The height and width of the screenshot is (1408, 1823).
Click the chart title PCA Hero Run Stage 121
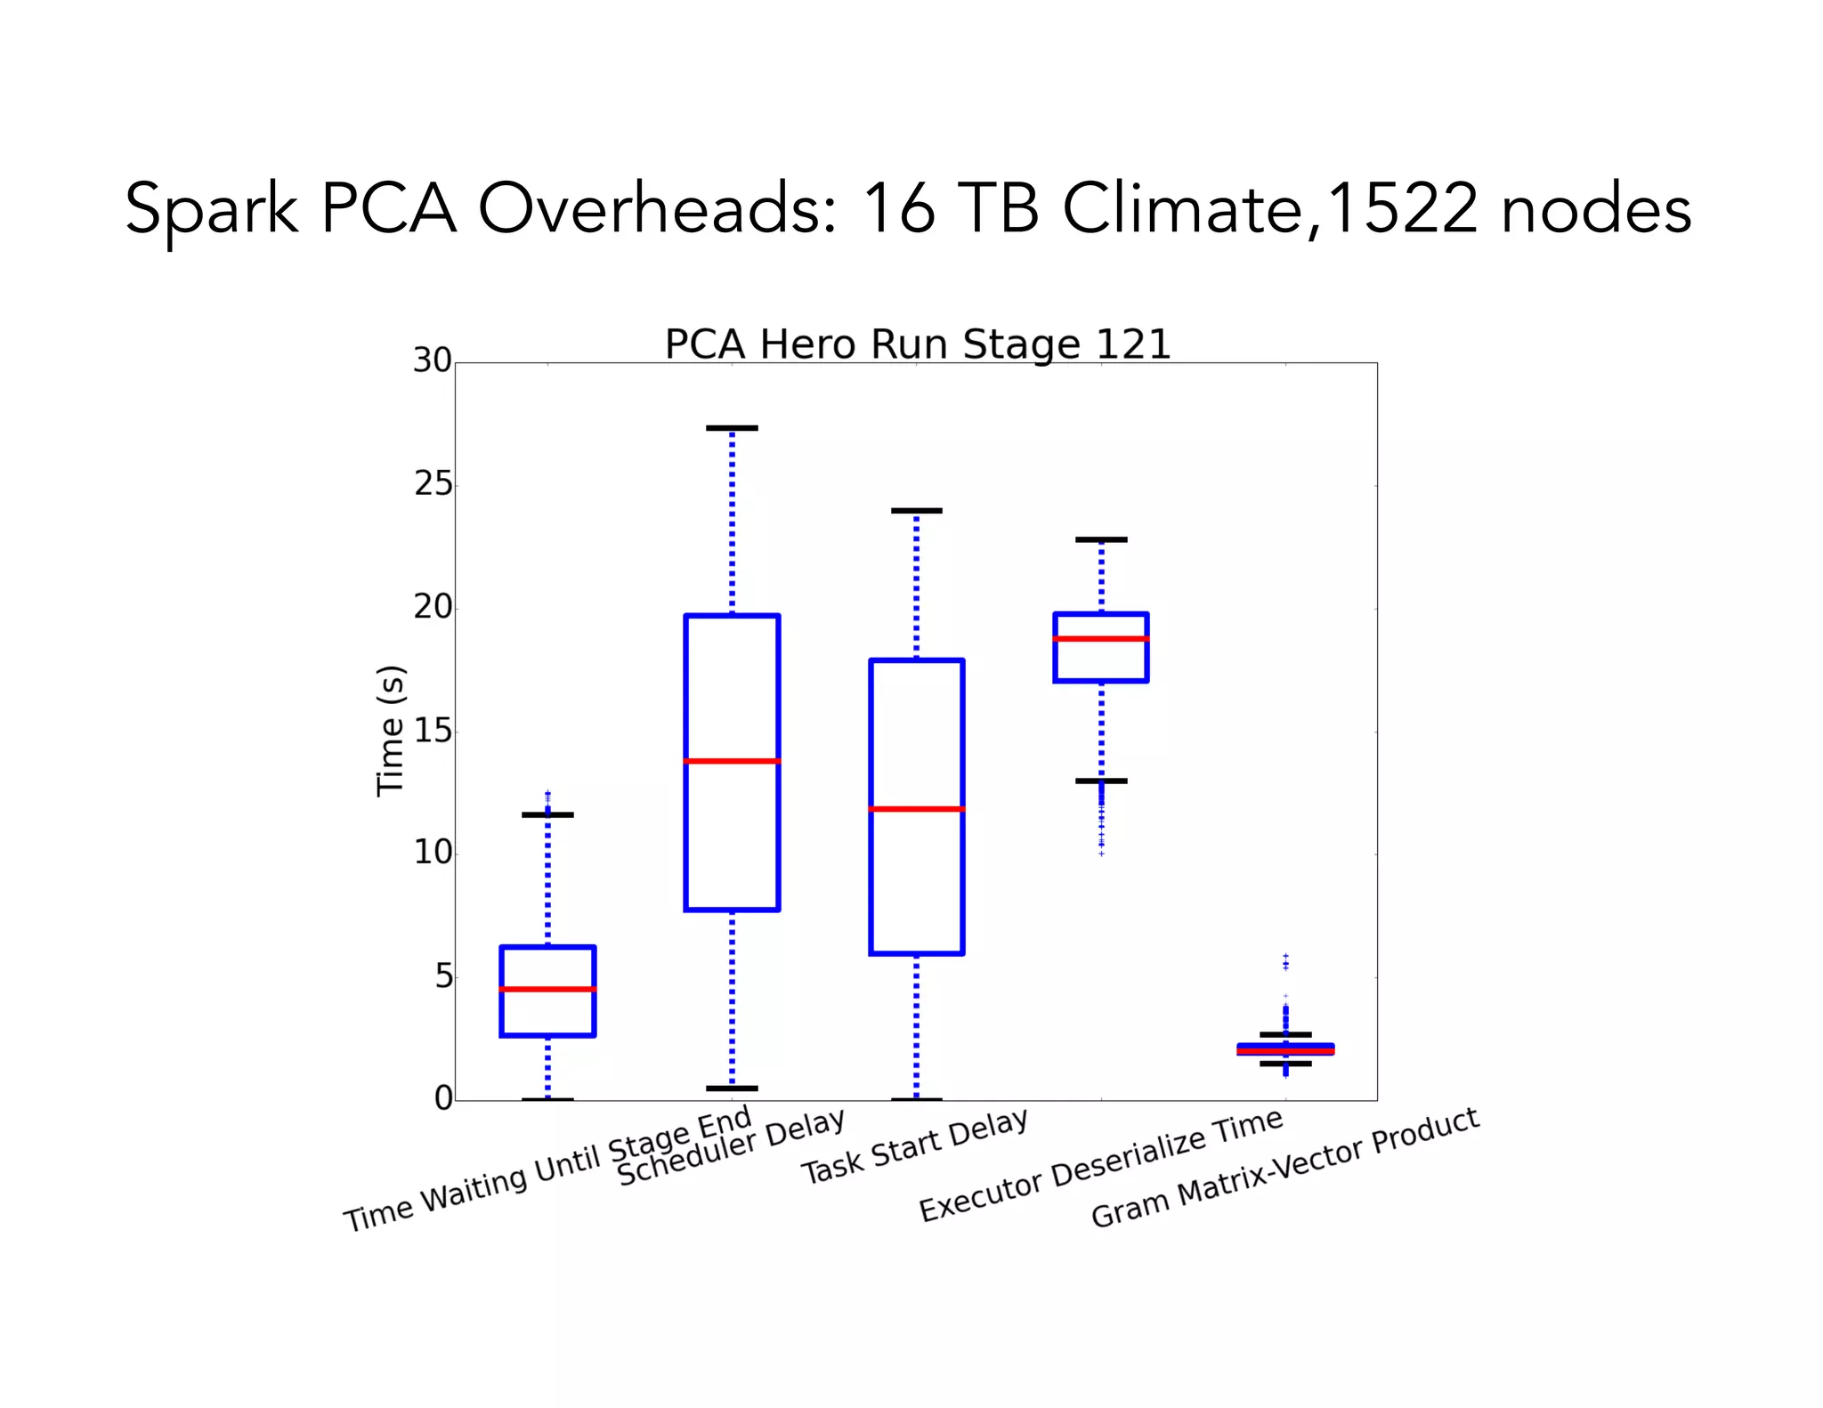tap(917, 344)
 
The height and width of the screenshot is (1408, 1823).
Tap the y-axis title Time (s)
tap(391, 731)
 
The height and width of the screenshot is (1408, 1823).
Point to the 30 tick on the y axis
tap(433, 360)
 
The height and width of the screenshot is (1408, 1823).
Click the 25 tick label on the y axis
tap(433, 484)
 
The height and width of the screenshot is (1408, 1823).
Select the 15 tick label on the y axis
tap(433, 732)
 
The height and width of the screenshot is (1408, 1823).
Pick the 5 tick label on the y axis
tap(443, 977)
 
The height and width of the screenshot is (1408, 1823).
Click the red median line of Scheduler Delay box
tap(732, 761)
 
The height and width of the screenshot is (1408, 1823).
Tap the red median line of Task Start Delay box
tap(916, 809)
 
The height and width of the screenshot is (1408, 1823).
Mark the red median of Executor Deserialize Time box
tap(1101, 639)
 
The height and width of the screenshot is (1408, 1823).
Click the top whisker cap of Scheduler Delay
tap(732, 428)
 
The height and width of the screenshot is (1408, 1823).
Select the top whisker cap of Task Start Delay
tap(916, 511)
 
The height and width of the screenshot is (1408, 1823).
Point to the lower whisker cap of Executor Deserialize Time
tap(1101, 781)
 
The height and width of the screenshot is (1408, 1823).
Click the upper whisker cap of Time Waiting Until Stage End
tap(547, 814)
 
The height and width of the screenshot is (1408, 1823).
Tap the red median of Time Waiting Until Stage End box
tap(547, 989)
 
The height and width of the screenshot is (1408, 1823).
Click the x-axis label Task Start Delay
tap(915, 1146)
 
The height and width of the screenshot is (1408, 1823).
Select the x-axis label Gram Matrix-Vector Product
tap(1284, 1168)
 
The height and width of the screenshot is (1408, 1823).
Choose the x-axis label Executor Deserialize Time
tap(1100, 1166)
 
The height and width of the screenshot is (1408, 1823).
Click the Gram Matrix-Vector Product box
tap(1285, 1049)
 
